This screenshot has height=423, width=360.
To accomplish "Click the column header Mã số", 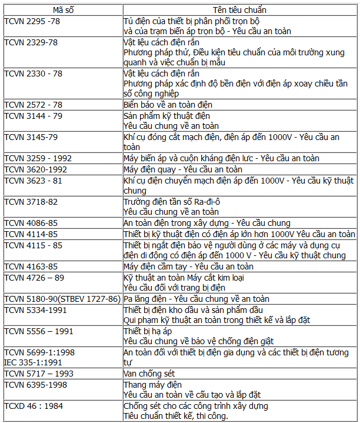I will pyautogui.click(x=62, y=10).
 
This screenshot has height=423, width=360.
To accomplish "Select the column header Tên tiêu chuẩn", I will pyautogui.click(x=239, y=10).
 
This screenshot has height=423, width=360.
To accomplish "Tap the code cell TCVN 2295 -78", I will pyautogui.click(x=32, y=21).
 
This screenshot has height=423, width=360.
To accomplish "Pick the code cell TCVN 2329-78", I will pyautogui.click(x=30, y=42).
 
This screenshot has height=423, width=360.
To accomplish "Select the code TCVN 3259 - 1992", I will pyautogui.click(x=37, y=158).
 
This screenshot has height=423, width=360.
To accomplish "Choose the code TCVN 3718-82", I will pyautogui.click(x=31, y=201).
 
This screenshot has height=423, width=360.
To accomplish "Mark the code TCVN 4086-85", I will pyautogui.click(x=31, y=223).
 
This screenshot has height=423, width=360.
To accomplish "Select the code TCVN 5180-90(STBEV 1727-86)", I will pyautogui.click(x=62, y=299).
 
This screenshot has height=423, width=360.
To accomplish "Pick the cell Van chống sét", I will pyautogui.click(x=149, y=374).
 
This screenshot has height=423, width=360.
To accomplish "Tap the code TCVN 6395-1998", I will pyautogui.click(x=35, y=384).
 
